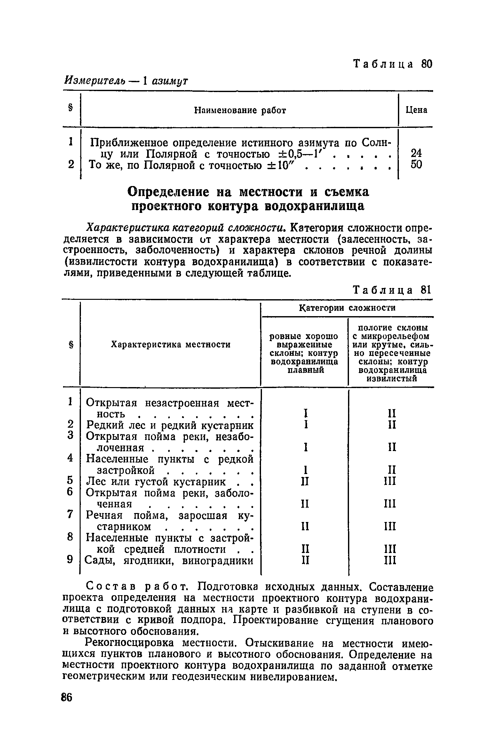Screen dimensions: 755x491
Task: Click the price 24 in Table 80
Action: (416, 154)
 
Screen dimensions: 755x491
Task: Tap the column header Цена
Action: (416, 110)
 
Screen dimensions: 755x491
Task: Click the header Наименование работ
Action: (240, 111)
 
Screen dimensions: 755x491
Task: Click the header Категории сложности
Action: (347, 308)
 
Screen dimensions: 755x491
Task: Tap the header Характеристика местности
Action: (170, 345)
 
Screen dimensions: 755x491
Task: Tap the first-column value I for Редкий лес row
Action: (306, 425)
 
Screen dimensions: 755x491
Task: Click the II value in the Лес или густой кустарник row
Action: (305, 481)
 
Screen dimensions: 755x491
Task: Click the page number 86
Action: (67, 697)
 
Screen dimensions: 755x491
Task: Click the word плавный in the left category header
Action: (305, 370)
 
